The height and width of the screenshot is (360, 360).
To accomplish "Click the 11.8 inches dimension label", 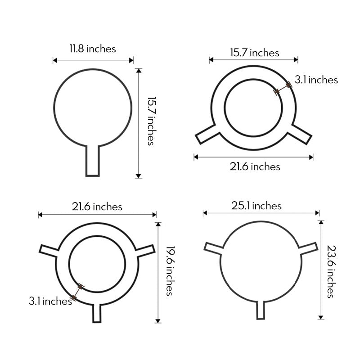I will pyautogui.click(x=92, y=49).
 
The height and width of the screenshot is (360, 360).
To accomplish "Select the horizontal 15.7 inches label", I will pyautogui.click(x=254, y=53).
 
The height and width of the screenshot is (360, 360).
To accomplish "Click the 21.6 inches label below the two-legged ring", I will pyautogui.click(x=255, y=166).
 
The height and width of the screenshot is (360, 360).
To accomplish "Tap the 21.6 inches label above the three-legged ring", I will pyautogui.click(x=97, y=207).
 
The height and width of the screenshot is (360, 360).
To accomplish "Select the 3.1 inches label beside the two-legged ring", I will pyautogui.click(x=316, y=80).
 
